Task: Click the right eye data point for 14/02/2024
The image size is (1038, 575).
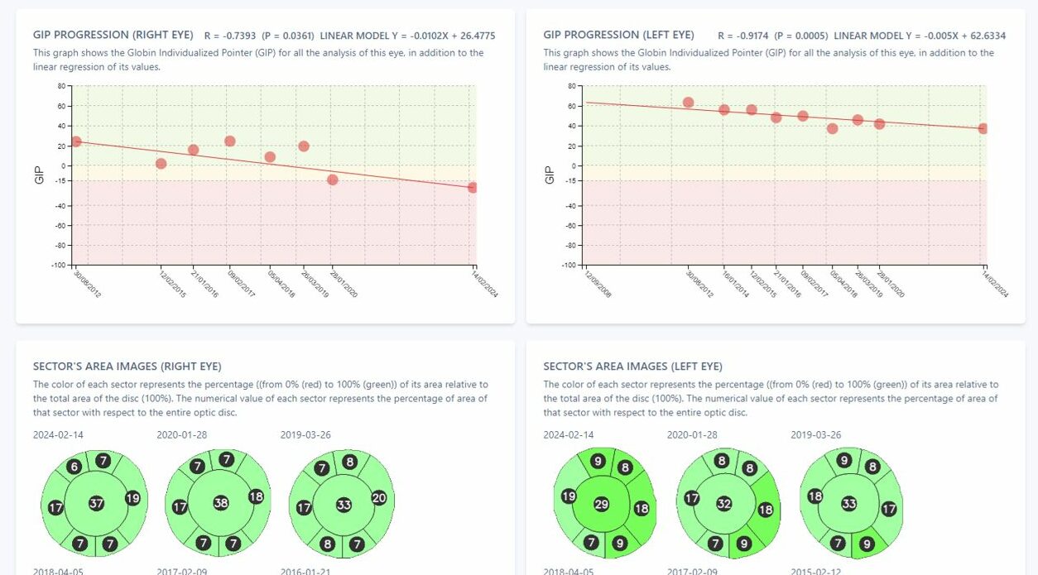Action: [473, 188]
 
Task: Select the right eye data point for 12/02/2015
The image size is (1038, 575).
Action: [161, 164]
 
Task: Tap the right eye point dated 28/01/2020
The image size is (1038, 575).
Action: [333, 180]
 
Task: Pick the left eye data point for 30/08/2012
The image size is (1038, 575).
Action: [688, 103]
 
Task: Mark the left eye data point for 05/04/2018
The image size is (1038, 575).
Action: [833, 128]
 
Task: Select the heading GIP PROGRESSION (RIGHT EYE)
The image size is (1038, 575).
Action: [113, 36]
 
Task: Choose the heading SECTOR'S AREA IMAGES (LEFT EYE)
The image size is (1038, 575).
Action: [632, 367]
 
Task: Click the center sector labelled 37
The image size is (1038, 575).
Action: [96, 503]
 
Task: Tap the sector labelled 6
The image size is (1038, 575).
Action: [74, 467]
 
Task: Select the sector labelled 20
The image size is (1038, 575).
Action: [379, 497]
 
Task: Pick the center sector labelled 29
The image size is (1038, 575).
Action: [603, 504]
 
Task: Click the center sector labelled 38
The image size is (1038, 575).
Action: [220, 502]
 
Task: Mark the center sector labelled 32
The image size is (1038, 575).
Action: [724, 502]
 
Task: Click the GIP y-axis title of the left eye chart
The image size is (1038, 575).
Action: [550, 175]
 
